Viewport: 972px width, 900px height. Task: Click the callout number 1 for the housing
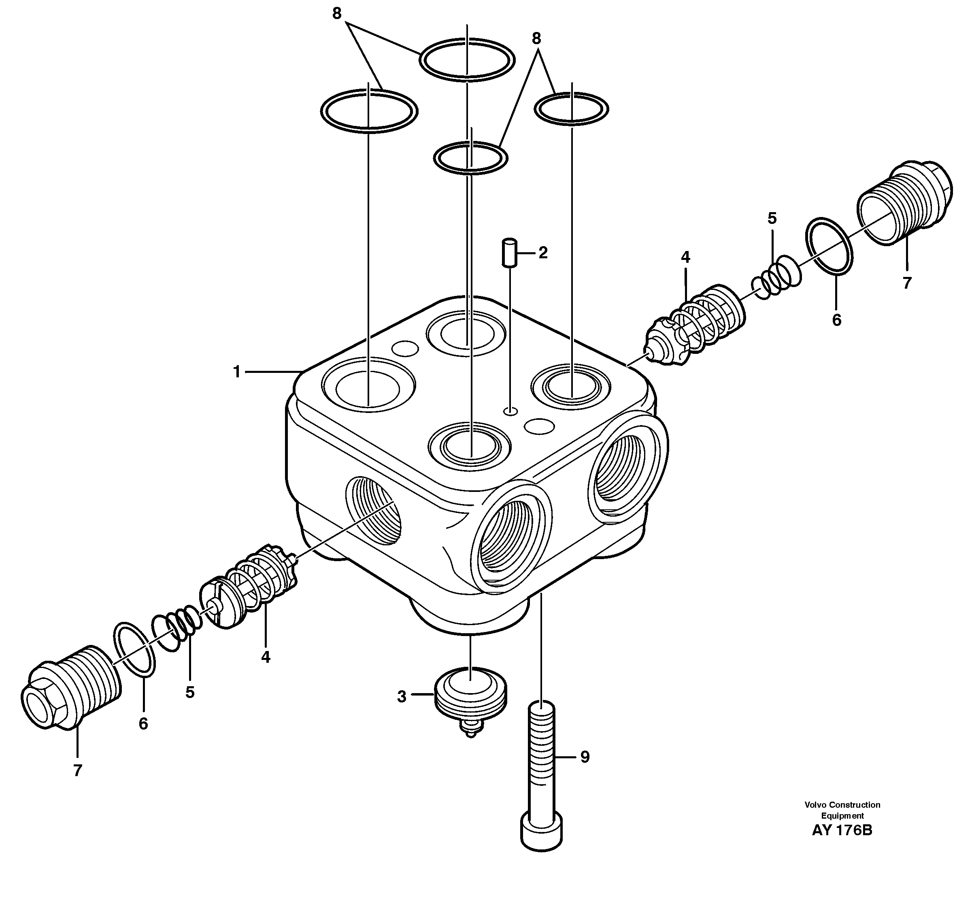click(x=237, y=372)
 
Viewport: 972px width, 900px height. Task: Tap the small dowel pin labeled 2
click(x=509, y=252)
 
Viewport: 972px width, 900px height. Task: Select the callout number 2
click(x=543, y=253)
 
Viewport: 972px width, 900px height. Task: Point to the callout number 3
click(x=401, y=697)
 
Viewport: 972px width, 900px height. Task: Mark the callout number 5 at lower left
click(x=190, y=692)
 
